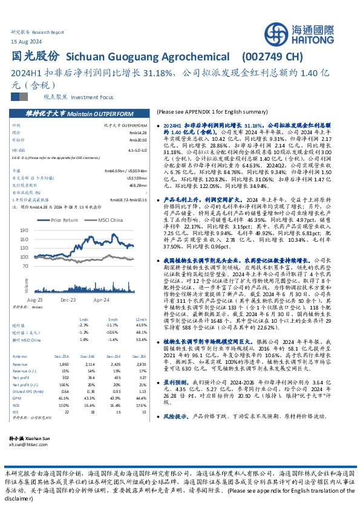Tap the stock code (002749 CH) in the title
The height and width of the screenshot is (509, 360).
[272, 56]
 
